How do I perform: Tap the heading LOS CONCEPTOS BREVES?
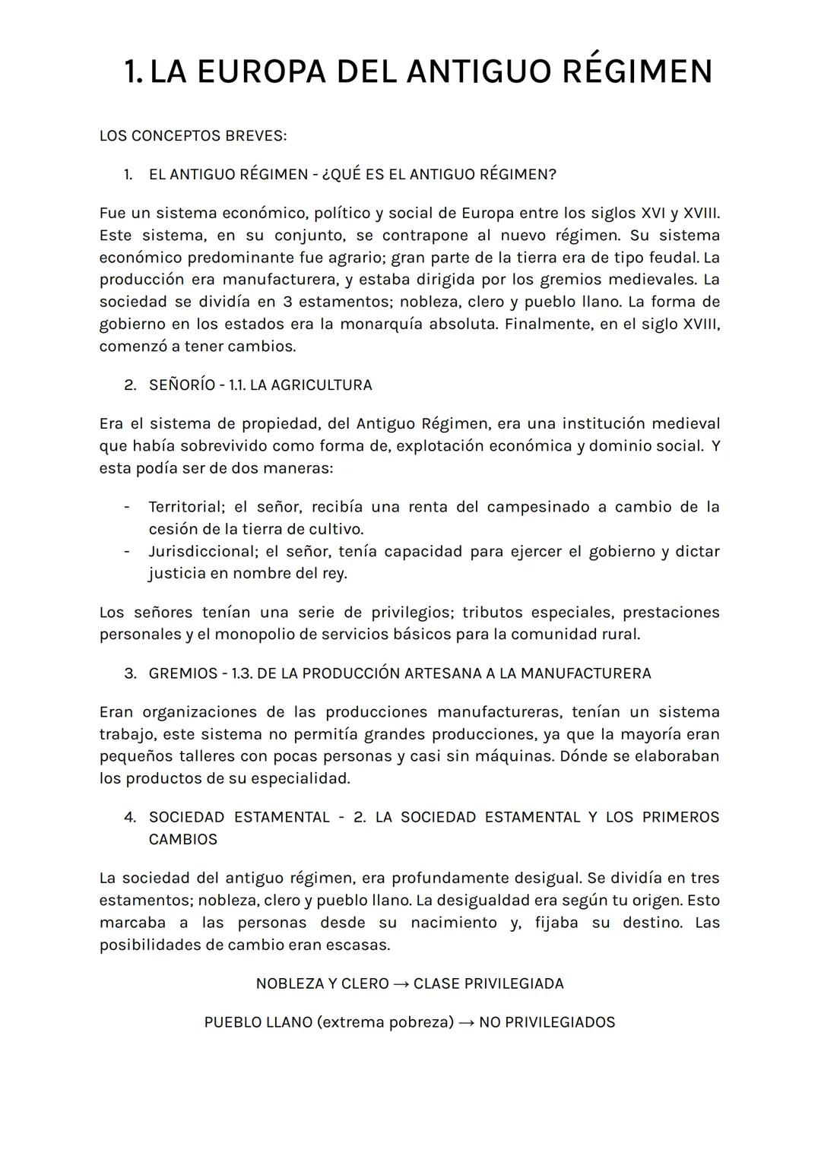pyautogui.click(x=193, y=136)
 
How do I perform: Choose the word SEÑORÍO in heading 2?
pyautogui.click(x=182, y=385)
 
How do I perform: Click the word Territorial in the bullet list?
pyautogui.click(x=186, y=507)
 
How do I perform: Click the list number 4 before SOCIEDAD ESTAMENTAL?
pyautogui.click(x=130, y=817)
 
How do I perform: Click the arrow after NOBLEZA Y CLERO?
pyautogui.click(x=401, y=984)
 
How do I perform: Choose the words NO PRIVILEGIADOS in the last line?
pyautogui.click(x=547, y=1022)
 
